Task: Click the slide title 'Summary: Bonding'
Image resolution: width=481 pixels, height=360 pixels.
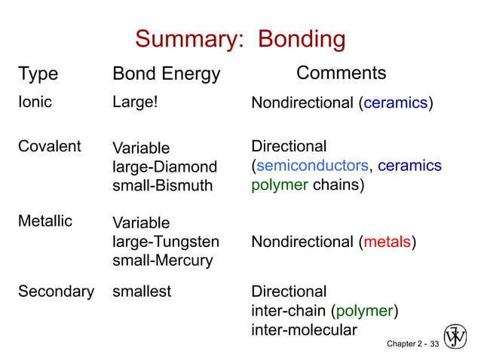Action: coord(240,38)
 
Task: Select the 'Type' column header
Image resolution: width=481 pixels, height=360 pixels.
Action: coord(38,74)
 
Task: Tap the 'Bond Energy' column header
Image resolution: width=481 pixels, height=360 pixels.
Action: coord(166,74)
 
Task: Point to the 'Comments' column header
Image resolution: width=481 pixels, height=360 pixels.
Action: coord(341,73)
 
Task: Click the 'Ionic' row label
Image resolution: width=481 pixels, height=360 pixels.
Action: coord(35,102)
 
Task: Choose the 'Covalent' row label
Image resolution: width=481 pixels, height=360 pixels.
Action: coord(49,147)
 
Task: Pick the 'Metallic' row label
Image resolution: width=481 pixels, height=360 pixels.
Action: coord(45,221)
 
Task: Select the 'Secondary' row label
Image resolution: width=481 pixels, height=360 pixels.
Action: coord(56,291)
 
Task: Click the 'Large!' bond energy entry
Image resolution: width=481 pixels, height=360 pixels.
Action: coord(135,102)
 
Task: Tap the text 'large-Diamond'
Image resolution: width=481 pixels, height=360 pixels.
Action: coord(164,166)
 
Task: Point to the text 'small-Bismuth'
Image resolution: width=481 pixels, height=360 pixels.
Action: coord(162,185)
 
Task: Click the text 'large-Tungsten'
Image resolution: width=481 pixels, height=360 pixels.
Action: coord(166,242)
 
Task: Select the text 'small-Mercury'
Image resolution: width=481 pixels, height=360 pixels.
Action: coord(162,261)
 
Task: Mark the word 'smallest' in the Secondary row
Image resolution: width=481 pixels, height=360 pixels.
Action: coord(142,291)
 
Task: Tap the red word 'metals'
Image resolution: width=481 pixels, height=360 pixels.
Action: coord(387,242)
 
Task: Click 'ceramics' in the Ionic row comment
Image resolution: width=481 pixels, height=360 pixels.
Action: coord(396,103)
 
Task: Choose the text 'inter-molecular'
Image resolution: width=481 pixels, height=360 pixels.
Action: coord(304,330)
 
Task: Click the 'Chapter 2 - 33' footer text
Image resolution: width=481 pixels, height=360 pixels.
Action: coord(412,343)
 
